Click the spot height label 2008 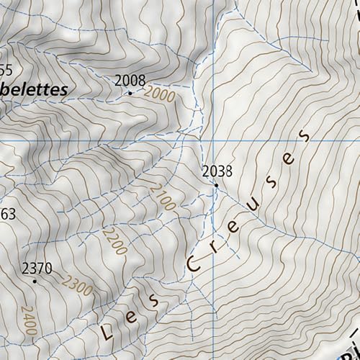(130, 80)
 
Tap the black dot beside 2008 (130, 93)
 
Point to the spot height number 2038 (217, 171)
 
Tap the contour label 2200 (114, 241)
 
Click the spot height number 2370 (37, 269)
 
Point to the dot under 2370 (34, 282)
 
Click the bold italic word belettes (33, 90)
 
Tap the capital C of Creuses (194, 264)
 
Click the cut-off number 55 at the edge (6, 70)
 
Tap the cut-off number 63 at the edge (7, 214)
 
